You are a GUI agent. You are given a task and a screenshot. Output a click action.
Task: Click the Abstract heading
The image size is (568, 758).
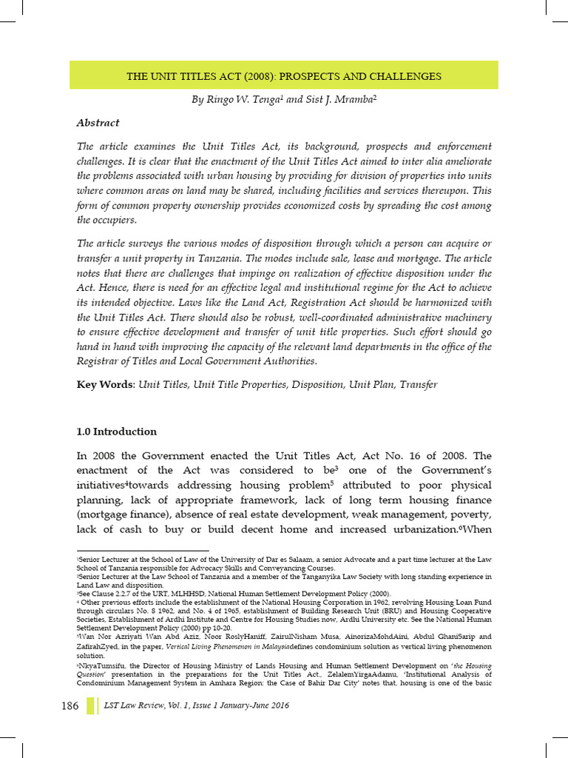(98, 123)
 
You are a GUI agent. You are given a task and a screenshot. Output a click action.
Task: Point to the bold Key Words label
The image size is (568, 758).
(106, 385)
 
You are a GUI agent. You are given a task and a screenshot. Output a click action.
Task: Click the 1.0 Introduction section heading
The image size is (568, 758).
(117, 432)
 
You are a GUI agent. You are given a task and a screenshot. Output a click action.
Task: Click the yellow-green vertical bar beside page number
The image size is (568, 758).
(92, 705)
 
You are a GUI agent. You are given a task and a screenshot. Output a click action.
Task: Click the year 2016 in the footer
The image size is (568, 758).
(276, 706)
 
